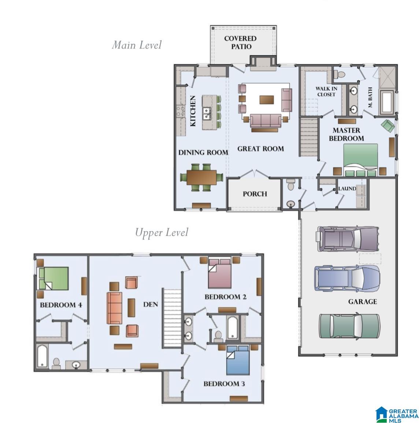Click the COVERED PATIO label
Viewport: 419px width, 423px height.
(x=240, y=43)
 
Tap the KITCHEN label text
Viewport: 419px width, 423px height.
(x=193, y=111)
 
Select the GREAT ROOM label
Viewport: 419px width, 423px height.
(x=260, y=148)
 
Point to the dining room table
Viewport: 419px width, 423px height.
(x=201, y=178)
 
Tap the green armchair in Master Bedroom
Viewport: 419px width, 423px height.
(x=388, y=126)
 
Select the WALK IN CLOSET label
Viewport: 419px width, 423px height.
(x=326, y=92)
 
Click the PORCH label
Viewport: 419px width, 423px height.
(x=255, y=194)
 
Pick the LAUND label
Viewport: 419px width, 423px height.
(x=347, y=189)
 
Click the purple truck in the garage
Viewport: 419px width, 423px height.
(x=347, y=239)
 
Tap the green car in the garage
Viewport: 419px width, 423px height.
(x=349, y=325)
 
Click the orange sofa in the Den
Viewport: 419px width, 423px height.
(x=114, y=308)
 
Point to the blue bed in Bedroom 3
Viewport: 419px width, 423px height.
(x=238, y=360)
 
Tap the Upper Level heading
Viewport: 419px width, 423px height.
(x=162, y=233)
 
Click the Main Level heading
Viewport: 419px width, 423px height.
(x=136, y=45)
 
